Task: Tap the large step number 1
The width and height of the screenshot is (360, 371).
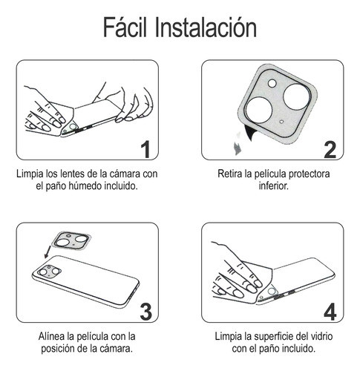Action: (146, 149)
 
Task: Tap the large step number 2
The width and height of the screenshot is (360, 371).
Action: (329, 149)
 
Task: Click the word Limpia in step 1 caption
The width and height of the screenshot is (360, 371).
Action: (30, 174)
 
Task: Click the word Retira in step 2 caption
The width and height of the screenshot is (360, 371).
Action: (231, 174)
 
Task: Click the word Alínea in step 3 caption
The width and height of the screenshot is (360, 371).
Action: (53, 336)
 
